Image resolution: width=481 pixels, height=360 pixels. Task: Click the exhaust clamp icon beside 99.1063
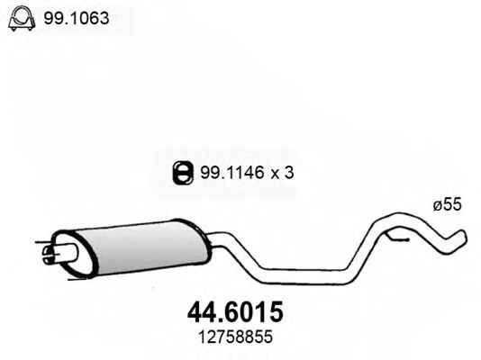point(22,19)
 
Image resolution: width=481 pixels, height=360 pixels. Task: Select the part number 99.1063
point(76,18)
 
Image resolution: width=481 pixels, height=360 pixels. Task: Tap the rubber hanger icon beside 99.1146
point(183,173)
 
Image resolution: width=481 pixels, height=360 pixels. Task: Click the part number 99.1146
point(231,173)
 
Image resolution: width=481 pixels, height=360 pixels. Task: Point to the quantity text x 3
point(282,173)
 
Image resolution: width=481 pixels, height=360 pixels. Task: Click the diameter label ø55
point(448,204)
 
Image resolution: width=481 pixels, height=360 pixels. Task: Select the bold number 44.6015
point(235,312)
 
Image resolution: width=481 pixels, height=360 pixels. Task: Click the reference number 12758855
point(235,337)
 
